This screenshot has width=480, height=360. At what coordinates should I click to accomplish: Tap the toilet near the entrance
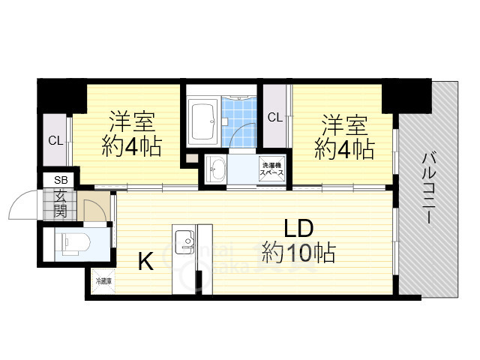(72, 243)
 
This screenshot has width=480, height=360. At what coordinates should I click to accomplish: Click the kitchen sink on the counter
(184, 242)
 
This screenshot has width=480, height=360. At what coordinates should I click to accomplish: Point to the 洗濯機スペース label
(271, 169)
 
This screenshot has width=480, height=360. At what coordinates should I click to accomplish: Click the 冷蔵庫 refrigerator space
(103, 283)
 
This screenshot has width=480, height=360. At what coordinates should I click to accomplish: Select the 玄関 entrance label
(59, 202)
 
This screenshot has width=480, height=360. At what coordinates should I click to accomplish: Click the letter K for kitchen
(145, 262)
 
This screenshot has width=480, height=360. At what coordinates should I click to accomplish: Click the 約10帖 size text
(298, 252)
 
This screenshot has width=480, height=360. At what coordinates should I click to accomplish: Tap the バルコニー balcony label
(429, 187)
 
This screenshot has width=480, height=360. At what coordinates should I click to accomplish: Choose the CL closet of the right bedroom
(275, 117)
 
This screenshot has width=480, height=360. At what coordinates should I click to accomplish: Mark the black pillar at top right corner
(407, 94)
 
